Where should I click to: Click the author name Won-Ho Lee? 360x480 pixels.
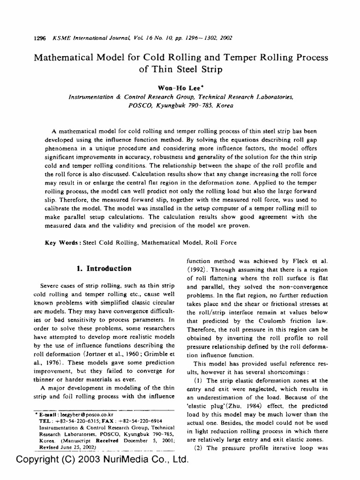pyautogui.click(x=180, y=87)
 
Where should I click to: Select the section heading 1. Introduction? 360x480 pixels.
pyautogui.click(x=104, y=269)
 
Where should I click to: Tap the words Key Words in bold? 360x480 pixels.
pyautogui.click(x=63, y=243)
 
